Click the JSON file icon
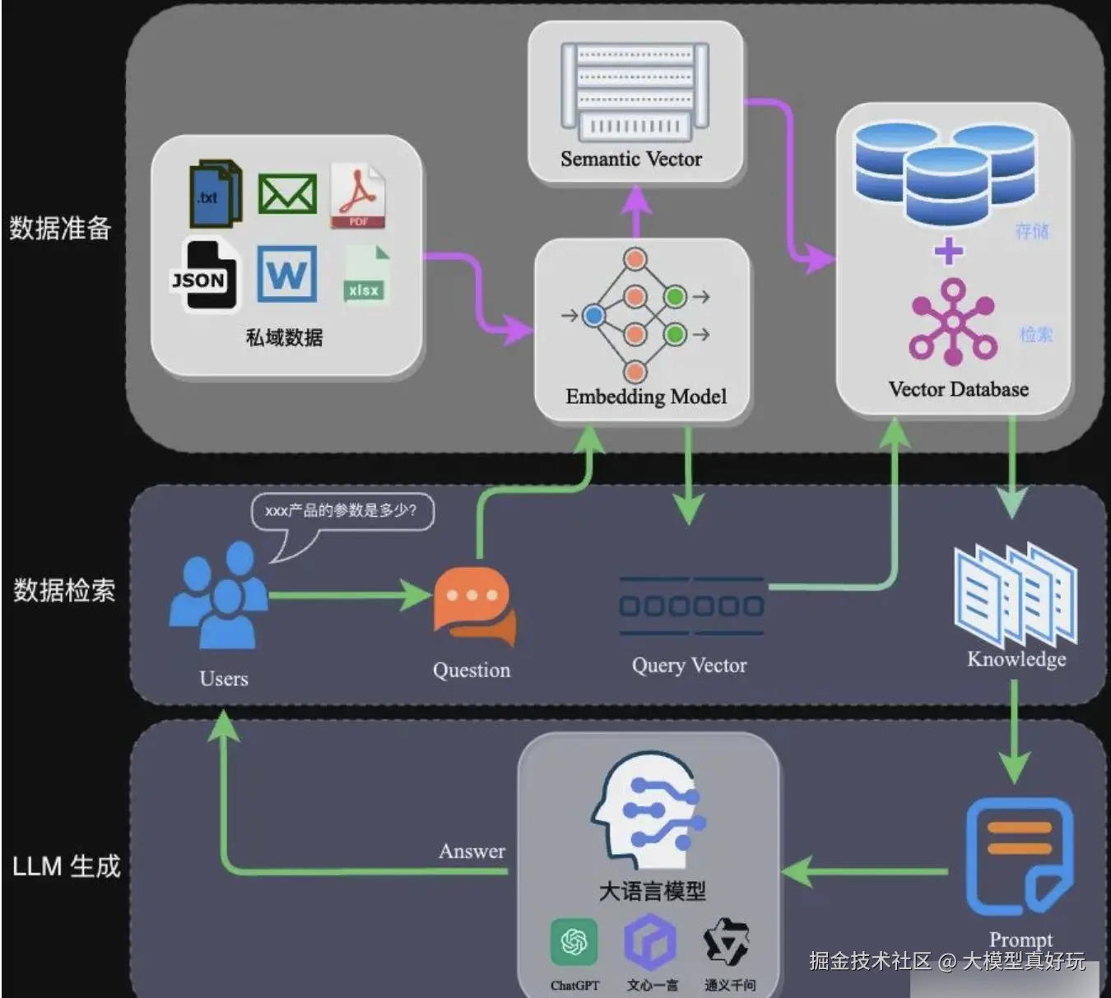(202, 275)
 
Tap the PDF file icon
(358, 197)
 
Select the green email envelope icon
(287, 194)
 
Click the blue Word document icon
(286, 273)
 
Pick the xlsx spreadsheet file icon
(365, 274)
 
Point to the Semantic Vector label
(631, 159)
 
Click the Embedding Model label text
(646, 397)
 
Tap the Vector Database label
(958, 389)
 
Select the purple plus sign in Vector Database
(949, 251)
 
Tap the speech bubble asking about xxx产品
(341, 511)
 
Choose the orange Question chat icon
(474, 606)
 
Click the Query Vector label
(689, 665)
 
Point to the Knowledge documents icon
(1016, 594)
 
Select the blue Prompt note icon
(1019, 856)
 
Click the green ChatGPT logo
(574, 942)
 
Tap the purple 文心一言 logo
(650, 943)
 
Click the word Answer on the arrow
(472, 852)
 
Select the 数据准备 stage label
(60, 228)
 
